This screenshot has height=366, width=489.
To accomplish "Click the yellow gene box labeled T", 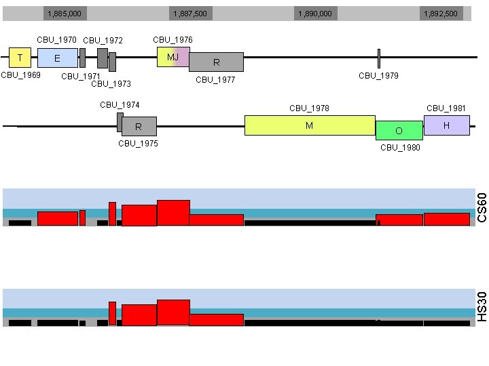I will [20, 58].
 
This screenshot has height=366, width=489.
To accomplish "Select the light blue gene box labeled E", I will [57, 58].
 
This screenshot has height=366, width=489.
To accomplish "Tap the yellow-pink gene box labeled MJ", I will [173, 57].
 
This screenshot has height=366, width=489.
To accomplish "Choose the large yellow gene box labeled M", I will [310, 125].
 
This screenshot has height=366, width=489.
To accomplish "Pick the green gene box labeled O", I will [399, 130].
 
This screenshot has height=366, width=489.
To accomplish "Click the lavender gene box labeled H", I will [446, 125].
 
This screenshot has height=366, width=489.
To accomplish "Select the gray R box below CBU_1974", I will [139, 126].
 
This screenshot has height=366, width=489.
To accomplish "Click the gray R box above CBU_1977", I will [216, 62].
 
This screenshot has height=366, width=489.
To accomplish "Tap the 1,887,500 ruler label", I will [190, 14].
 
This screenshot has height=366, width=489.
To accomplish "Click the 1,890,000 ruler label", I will [315, 14].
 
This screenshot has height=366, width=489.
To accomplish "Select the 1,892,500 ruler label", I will [440, 14].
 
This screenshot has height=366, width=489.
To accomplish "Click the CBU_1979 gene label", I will [378, 76].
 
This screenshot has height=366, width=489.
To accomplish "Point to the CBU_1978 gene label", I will [309, 108].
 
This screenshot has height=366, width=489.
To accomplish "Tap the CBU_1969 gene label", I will [21, 75].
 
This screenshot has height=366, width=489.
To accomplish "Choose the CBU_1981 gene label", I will [446, 108].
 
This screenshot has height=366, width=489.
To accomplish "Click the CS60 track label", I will [482, 207].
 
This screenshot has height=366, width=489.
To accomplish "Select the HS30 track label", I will [482, 307].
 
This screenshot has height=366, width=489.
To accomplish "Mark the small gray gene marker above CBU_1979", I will [378, 58].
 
